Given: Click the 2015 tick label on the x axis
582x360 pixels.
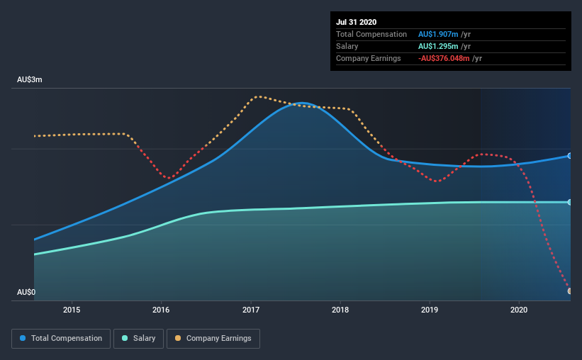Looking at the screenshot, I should (x=72, y=310).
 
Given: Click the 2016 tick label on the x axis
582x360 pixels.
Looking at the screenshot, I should (x=161, y=310).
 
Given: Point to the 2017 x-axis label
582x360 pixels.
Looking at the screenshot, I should (x=251, y=310).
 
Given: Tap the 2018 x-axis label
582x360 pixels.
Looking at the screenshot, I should (x=340, y=310).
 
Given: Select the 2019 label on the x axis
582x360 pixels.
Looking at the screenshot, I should (x=430, y=310).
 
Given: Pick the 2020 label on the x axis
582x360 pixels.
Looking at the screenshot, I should (x=519, y=310).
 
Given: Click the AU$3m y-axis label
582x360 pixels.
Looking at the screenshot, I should (x=30, y=80).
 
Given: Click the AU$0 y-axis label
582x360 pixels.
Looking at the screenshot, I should (x=26, y=292).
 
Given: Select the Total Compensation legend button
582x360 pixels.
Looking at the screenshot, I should (x=61, y=339).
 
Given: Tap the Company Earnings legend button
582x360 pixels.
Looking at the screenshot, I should (x=213, y=339).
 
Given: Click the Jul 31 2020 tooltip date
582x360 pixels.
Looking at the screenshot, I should (x=357, y=22).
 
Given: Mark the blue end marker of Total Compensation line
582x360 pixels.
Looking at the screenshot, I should (x=570, y=155).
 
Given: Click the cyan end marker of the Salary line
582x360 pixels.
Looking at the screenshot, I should (x=570, y=202).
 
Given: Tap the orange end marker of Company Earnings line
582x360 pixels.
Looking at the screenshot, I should (x=570, y=291).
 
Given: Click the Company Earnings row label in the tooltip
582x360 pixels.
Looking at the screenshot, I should (x=369, y=58).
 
